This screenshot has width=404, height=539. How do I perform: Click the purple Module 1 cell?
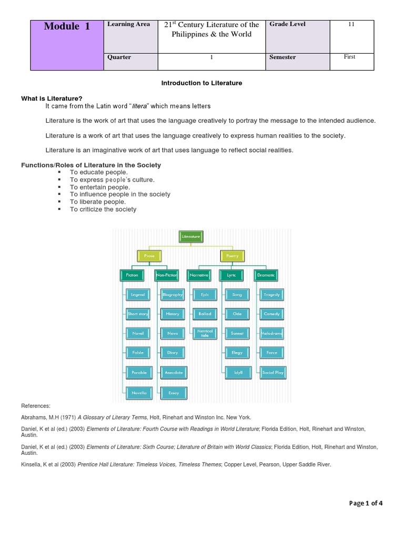pos(67,45)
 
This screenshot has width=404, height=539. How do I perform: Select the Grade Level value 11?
pos(349,24)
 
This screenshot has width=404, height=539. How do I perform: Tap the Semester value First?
pos(349,57)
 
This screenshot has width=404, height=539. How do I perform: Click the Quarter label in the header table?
pos(119,57)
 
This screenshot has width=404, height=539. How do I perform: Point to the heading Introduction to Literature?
pos(201,83)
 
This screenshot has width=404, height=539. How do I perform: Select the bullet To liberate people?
pos(98,202)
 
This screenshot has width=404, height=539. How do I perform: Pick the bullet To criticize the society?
pos(103,209)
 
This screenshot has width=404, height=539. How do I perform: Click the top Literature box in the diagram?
pos(191,237)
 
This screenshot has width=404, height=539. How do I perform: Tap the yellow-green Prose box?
pos(149,256)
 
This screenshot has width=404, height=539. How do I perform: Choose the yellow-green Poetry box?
pos(232,256)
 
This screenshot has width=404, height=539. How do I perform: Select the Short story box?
pos(138,314)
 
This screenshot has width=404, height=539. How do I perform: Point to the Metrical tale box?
pos(205,333)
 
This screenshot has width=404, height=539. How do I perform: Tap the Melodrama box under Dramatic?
pos(272,333)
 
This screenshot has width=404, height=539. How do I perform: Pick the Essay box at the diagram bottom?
pos(173,393)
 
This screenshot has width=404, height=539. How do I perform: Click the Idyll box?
pos(237,372)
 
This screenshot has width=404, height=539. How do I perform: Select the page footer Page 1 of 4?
pos(366,503)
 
